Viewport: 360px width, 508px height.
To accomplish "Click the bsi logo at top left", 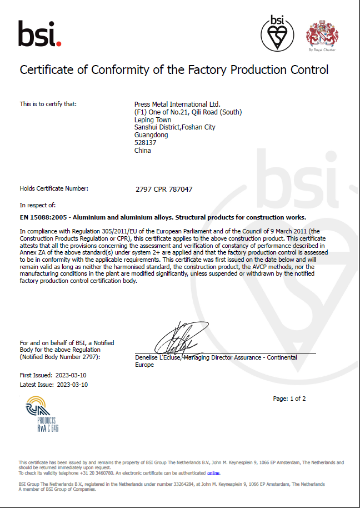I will pyautogui.click(x=39, y=34).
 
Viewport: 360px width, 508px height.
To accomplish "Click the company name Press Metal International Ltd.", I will pyautogui.click(x=177, y=104).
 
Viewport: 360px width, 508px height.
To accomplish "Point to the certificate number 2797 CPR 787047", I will pyautogui.click(x=164, y=189).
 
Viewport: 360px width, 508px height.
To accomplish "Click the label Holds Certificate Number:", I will pyautogui.click(x=54, y=189).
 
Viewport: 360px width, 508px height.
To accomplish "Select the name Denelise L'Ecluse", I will pyautogui.click(x=158, y=357).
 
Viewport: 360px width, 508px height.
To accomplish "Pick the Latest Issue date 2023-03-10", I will pyautogui.click(x=72, y=385).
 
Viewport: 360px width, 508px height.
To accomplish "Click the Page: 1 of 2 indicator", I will pyautogui.click(x=289, y=399).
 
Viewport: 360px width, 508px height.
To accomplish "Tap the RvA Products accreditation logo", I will pyautogui.click(x=41, y=414).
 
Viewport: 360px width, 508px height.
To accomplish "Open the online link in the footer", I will pyautogui.click(x=213, y=473).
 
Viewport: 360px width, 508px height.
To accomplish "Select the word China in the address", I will pyautogui.click(x=143, y=151).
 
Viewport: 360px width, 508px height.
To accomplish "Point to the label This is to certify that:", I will pyautogui.click(x=48, y=104).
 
